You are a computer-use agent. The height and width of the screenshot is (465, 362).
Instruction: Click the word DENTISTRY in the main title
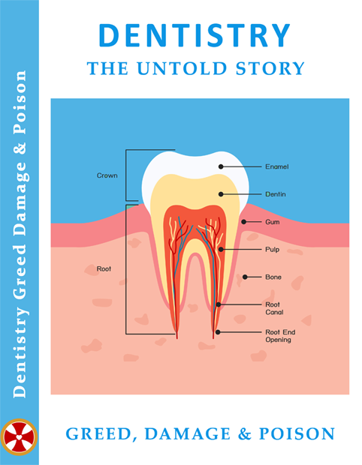click(195, 35)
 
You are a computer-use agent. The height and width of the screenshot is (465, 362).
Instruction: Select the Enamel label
click(277, 166)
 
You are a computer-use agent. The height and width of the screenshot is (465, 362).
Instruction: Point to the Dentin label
click(276, 194)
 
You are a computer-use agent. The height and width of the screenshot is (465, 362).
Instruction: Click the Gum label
click(273, 222)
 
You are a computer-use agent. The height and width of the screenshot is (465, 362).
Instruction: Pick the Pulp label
click(273, 250)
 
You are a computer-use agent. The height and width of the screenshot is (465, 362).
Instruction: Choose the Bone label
click(273, 277)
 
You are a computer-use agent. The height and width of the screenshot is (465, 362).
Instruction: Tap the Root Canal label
click(274, 308)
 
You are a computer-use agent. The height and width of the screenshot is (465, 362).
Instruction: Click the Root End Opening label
click(280, 336)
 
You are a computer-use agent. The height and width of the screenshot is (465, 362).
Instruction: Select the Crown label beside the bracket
click(107, 175)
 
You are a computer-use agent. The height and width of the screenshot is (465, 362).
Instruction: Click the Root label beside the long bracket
click(104, 268)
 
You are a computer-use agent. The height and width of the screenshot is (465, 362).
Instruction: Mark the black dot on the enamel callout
click(221, 166)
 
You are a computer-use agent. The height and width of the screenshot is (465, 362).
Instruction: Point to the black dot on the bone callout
click(245, 277)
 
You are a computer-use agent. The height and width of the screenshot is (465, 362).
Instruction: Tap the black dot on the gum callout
click(243, 222)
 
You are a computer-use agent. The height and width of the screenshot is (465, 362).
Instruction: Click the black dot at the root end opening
click(218, 332)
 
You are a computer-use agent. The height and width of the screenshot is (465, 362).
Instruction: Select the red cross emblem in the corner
click(19, 437)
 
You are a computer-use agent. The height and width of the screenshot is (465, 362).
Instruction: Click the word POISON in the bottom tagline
click(297, 433)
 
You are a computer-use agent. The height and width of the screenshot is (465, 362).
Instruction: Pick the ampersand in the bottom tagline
click(244, 433)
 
